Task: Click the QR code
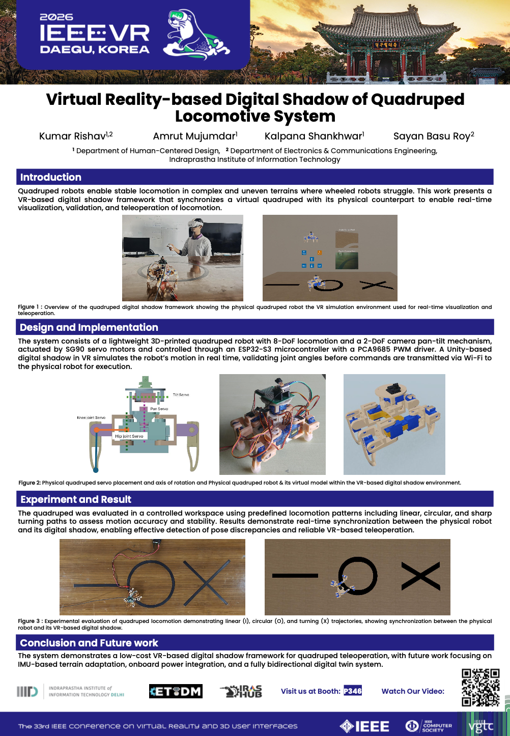point(480,688)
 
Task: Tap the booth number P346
point(353,691)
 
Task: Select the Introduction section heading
point(51,177)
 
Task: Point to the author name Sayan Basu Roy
point(433,136)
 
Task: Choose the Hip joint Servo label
point(129,436)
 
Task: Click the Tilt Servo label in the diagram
point(181,394)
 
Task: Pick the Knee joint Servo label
point(91,417)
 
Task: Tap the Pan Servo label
point(159,409)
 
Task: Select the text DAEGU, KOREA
point(95,50)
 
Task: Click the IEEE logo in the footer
point(364,726)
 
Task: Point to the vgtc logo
point(480,726)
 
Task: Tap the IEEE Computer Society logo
point(429,726)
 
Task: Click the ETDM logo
point(176,691)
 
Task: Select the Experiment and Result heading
point(76,499)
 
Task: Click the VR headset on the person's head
point(195,224)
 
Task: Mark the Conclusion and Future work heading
point(89,643)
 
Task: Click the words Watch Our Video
point(413,691)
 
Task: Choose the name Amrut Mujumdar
point(195,136)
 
